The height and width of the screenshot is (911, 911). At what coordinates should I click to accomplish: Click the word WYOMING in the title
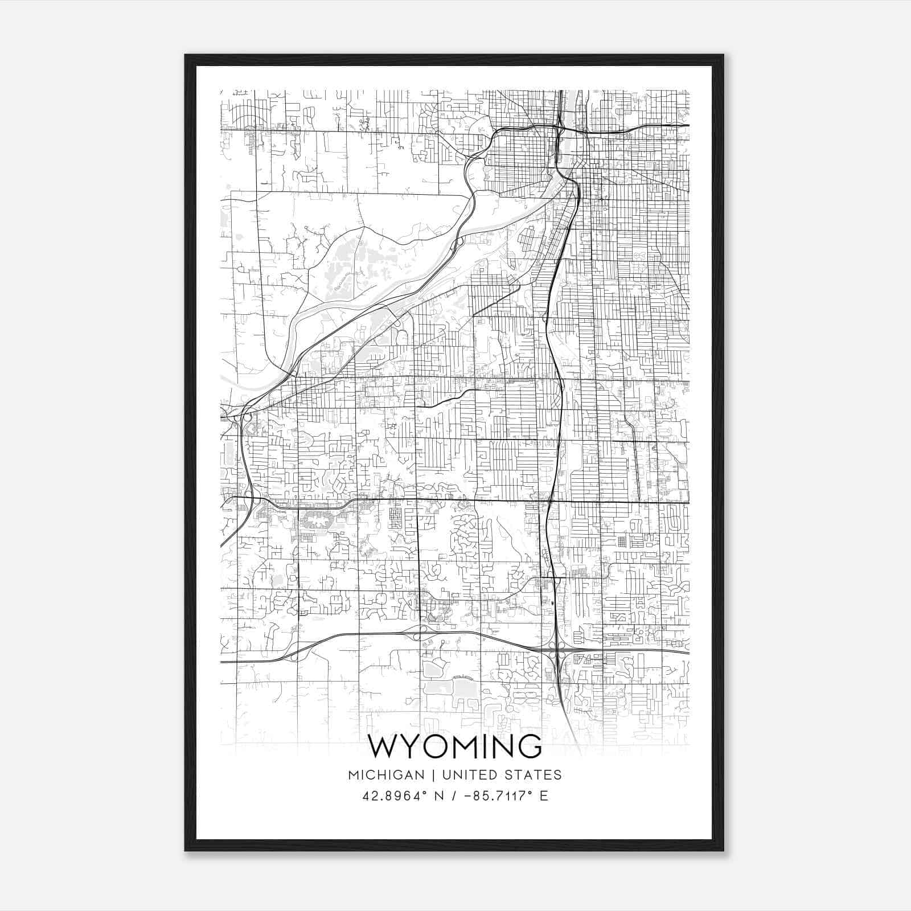(455, 746)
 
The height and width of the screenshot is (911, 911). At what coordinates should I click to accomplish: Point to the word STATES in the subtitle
(533, 775)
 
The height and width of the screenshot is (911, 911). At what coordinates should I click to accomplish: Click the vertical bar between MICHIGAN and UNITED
(433, 775)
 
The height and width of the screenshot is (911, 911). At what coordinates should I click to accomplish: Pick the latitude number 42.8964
(393, 796)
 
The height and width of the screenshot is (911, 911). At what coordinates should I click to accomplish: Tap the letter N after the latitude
(438, 796)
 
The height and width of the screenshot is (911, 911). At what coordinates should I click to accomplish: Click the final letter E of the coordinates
(544, 796)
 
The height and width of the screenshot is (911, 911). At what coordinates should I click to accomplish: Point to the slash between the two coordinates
(453, 796)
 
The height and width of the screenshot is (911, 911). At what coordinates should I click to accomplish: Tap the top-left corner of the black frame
(186, 56)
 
